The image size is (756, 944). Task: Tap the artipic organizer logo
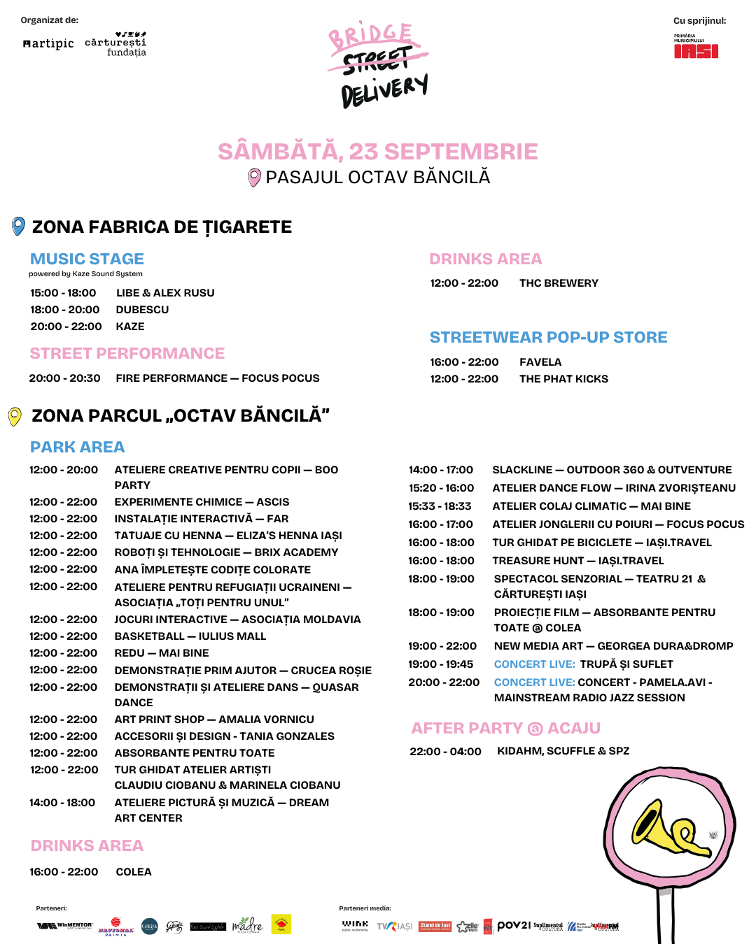[x=48, y=43]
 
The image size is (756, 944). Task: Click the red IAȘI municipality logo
[x=696, y=50]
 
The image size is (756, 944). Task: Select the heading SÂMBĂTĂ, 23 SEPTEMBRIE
[x=377, y=152]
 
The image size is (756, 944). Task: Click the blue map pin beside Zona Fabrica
[x=19, y=227]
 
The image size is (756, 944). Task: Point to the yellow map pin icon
[x=15, y=416]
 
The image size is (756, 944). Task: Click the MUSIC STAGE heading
[x=87, y=259]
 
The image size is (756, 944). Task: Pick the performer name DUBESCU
[x=142, y=310]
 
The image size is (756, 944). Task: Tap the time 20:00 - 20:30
[x=64, y=378]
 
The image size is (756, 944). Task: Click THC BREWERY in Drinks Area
[x=559, y=283]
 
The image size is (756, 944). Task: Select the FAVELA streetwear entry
[x=540, y=362]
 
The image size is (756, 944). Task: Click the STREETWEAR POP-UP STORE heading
[x=548, y=337]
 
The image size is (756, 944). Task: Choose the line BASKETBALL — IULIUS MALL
[x=190, y=636]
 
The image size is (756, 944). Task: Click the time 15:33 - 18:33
[x=440, y=506]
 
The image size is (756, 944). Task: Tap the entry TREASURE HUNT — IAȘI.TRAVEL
[x=577, y=561]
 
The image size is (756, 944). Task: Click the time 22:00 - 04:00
[x=445, y=752]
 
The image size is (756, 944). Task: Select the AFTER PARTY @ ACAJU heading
[x=505, y=729]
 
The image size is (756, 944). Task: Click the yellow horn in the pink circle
[x=669, y=829]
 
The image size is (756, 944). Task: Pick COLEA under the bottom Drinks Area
[x=134, y=872]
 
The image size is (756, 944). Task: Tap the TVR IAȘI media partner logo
[x=395, y=927]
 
